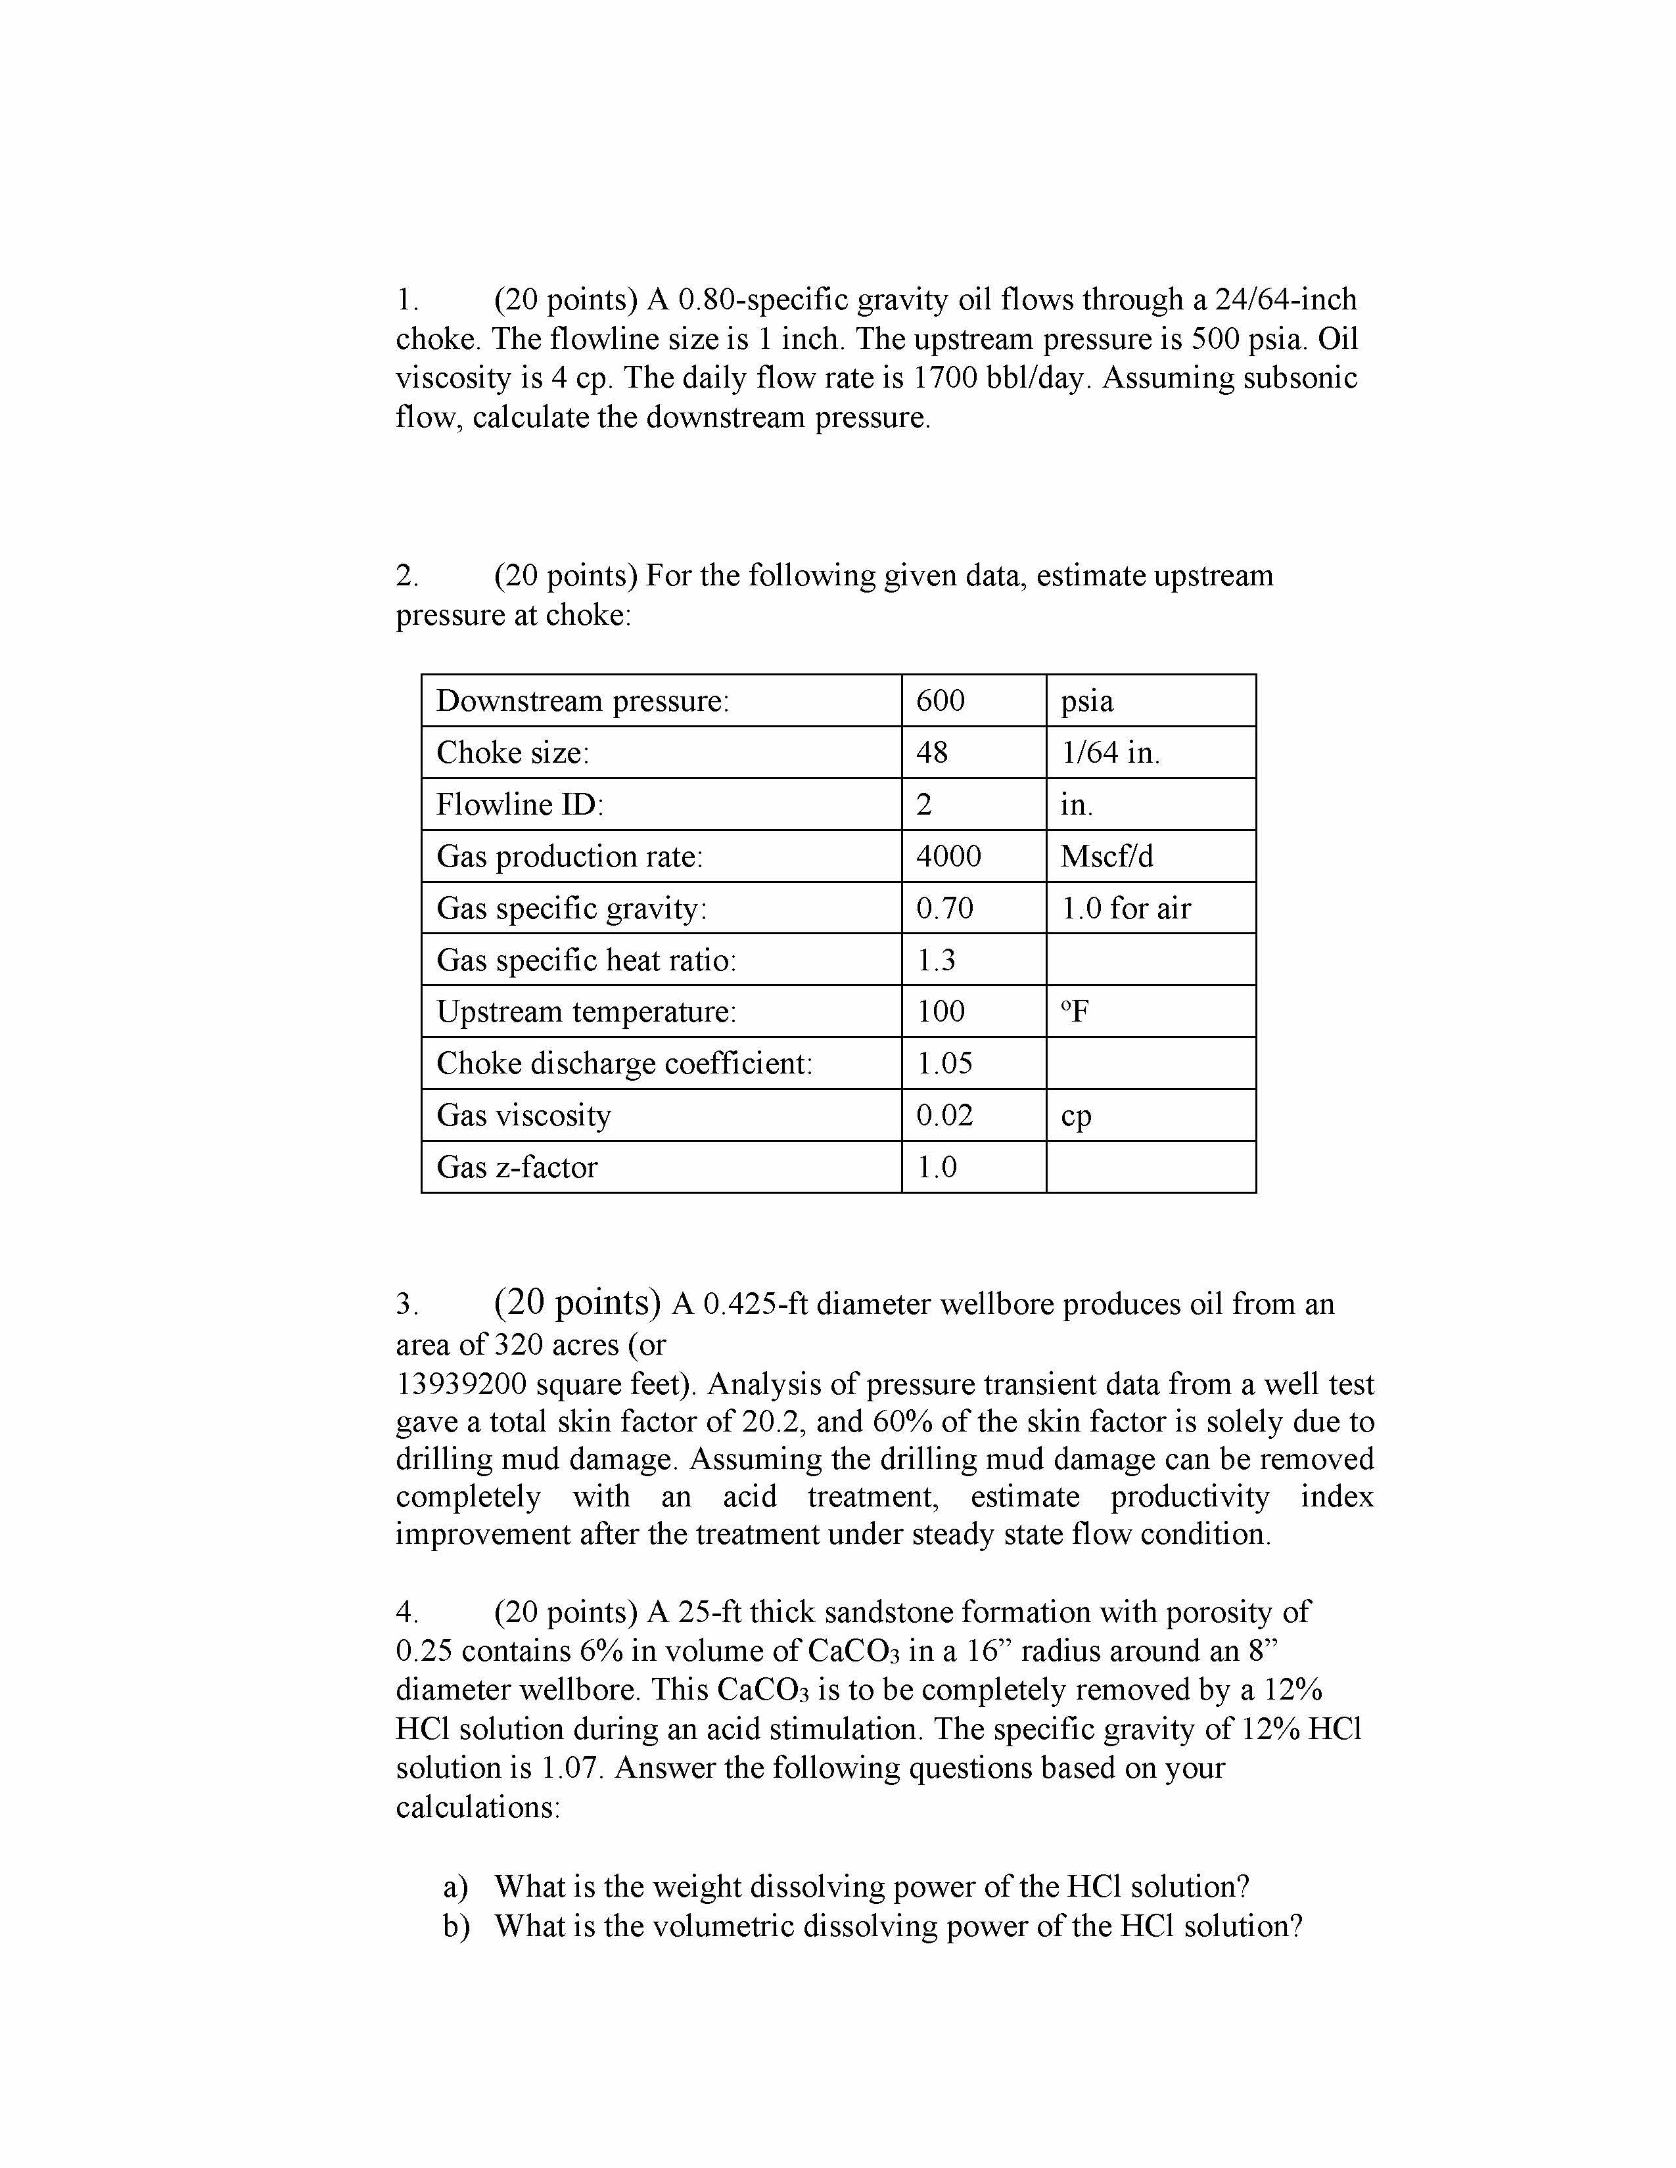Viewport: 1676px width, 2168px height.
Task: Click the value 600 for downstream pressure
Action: [x=941, y=701]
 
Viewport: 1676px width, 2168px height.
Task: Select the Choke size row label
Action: [x=513, y=752]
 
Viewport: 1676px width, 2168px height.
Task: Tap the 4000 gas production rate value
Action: [x=948, y=855]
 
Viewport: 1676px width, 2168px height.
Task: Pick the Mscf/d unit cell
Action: [x=1106, y=855]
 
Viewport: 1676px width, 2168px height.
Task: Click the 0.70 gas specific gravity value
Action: [x=944, y=909]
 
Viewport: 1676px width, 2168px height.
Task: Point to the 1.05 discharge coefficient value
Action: [x=944, y=1063]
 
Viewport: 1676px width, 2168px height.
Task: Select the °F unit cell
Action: [x=1075, y=1012]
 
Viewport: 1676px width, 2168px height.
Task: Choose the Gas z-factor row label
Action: [x=517, y=1166]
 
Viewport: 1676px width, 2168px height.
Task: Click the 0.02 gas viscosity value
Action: [x=944, y=1115]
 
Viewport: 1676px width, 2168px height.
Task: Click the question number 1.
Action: [x=404, y=300]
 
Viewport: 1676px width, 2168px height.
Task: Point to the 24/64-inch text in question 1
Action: [x=1286, y=300]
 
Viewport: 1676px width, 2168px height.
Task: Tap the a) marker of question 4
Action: [x=455, y=1886]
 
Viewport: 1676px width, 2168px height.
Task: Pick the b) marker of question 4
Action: [x=455, y=1926]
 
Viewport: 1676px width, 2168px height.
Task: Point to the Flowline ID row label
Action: [x=519, y=804]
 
